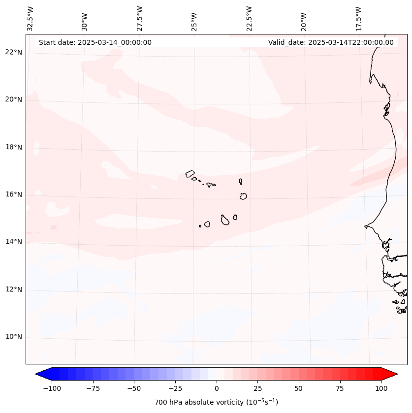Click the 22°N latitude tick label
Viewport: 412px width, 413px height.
pyautogui.click(x=13, y=52)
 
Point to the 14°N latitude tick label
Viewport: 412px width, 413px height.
pyautogui.click(x=13, y=242)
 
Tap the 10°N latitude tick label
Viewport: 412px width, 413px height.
pyautogui.click(x=13, y=337)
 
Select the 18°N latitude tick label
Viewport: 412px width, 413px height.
pyautogui.click(x=13, y=147)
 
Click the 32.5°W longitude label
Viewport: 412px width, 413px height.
pyautogui.click(x=31, y=18)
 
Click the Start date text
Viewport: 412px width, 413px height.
pyautogui.click(x=95, y=42)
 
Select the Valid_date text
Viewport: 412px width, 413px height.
pyautogui.click(x=331, y=42)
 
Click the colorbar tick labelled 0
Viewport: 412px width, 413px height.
pyautogui.click(x=217, y=388)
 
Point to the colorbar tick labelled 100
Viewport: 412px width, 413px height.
pyautogui.click(x=381, y=388)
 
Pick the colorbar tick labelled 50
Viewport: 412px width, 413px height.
pyautogui.click(x=299, y=388)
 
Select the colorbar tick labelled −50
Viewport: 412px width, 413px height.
pyautogui.click(x=133, y=388)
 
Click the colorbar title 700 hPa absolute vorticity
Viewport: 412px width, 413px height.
pyautogui.click(x=217, y=402)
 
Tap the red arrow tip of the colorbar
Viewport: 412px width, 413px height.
pyautogui.click(x=395, y=375)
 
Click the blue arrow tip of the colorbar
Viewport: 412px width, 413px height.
pyautogui.click(x=37, y=375)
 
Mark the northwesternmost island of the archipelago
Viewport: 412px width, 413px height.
pyautogui.click(x=190, y=174)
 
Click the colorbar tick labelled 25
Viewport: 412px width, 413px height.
pyautogui.click(x=257, y=388)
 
